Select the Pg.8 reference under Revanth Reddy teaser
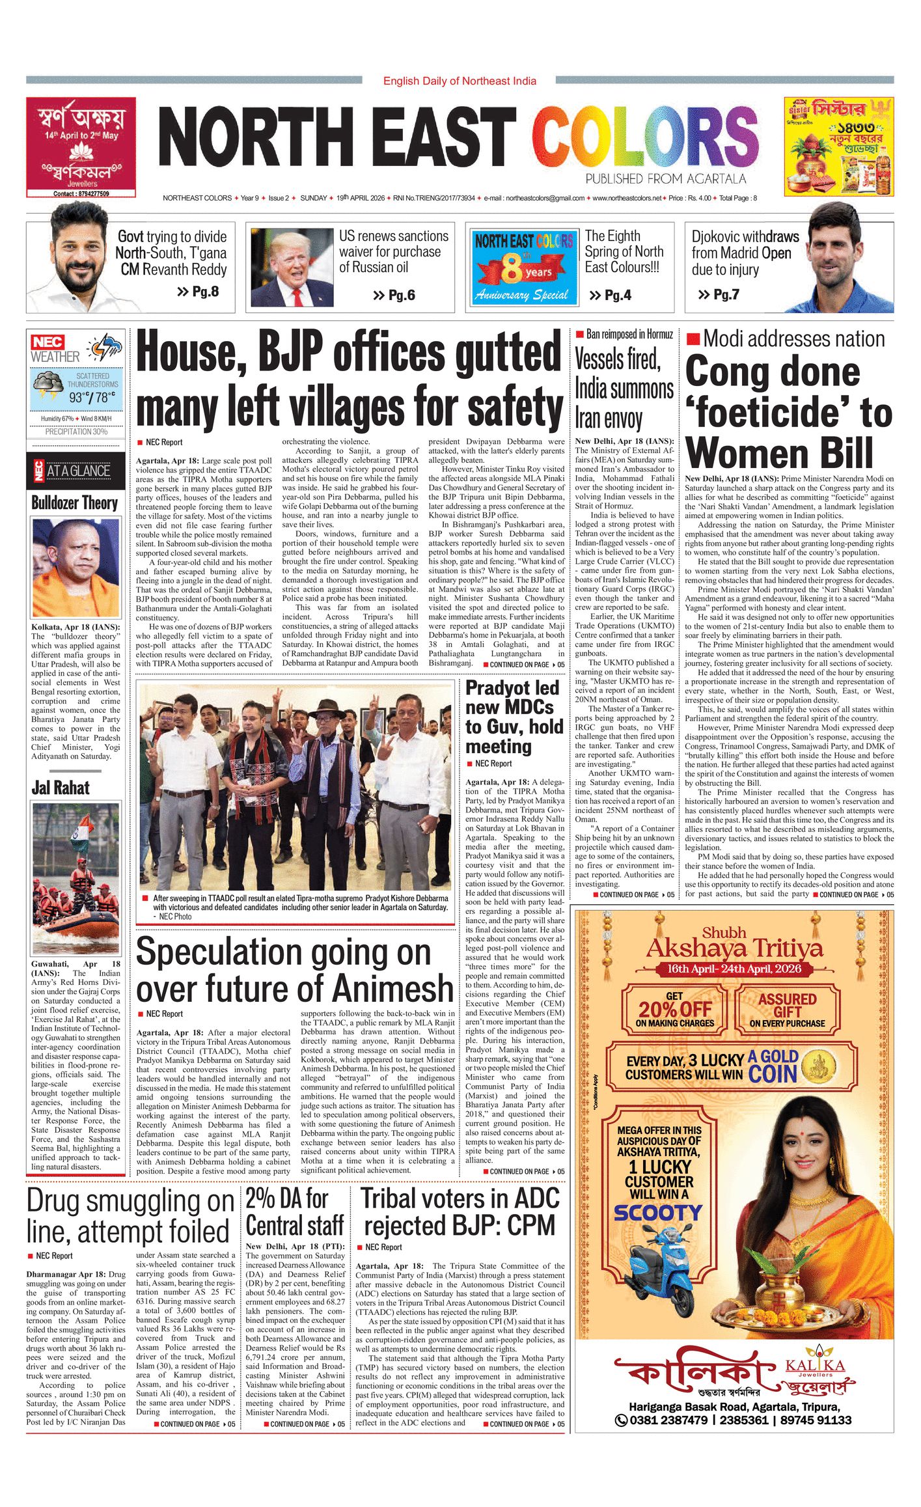[198, 292]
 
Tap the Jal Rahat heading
[61, 788]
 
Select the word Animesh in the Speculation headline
[392, 989]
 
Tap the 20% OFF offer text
[675, 1010]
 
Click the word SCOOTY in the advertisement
[658, 1213]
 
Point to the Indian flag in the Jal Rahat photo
[81, 833]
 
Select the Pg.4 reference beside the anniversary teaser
[610, 296]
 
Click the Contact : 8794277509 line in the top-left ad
[81, 193]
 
